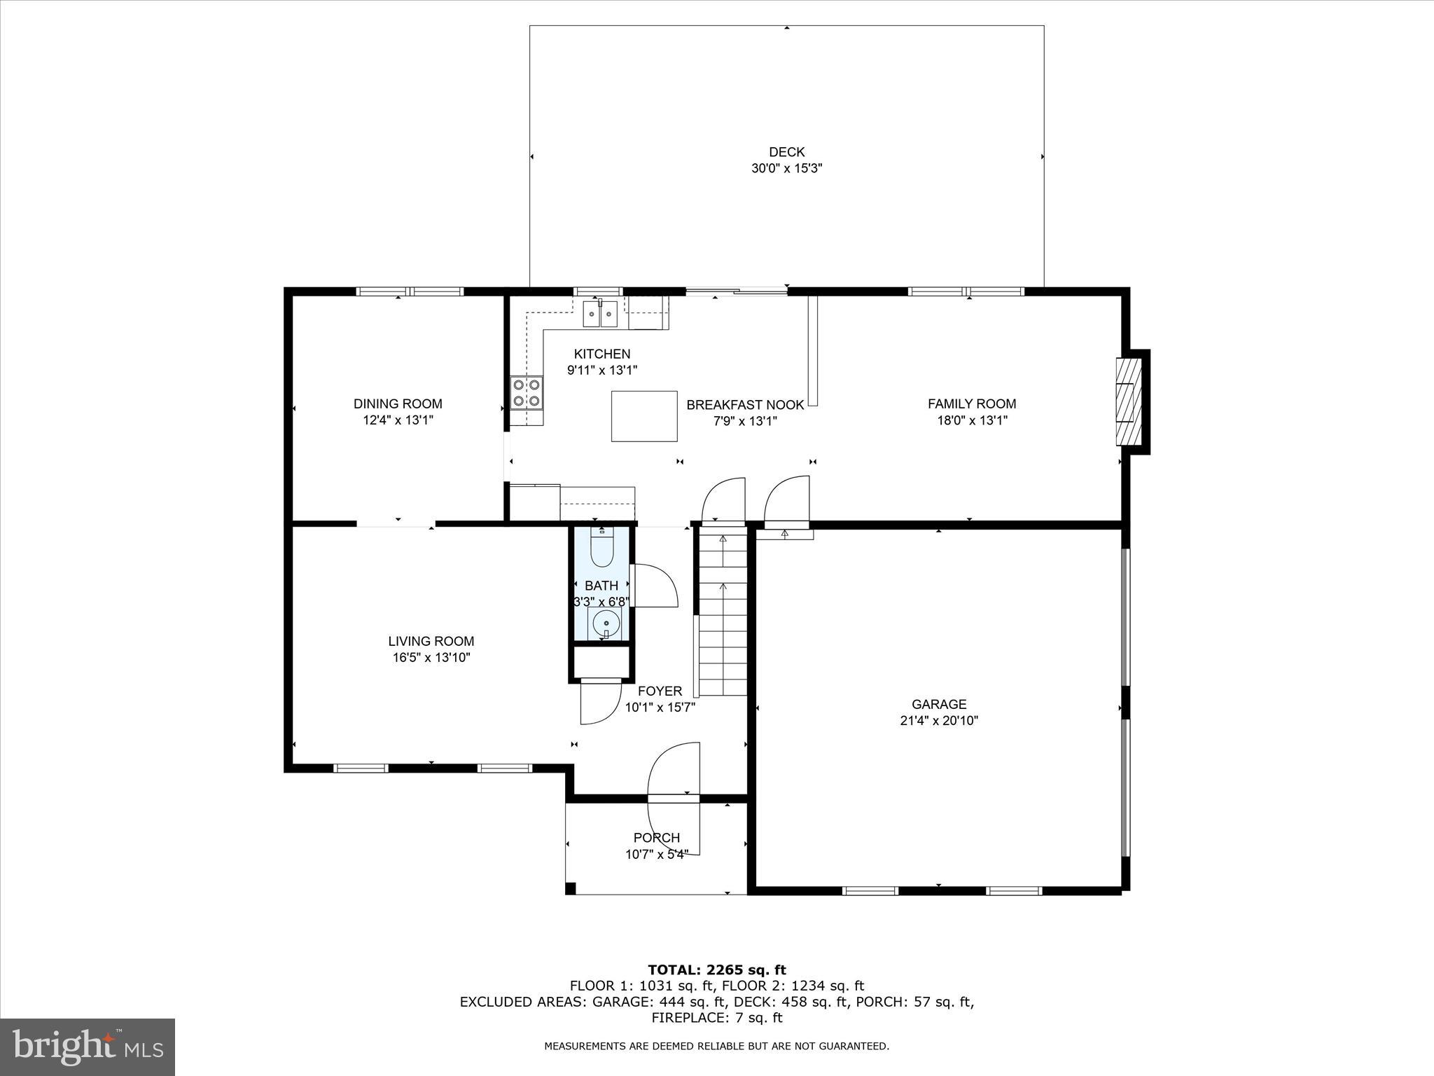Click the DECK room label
pos(786,152)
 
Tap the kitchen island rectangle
pos(644,416)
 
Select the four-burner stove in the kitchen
pos(527,392)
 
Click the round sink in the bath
pos(604,622)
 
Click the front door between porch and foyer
pos(674,798)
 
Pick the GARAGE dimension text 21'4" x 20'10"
pos(939,721)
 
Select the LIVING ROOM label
pos(431,641)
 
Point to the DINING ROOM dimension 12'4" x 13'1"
pos(398,420)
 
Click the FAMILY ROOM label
pos(972,403)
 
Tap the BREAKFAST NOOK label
pos(745,405)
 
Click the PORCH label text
pos(657,838)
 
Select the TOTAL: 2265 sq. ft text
pos(717,970)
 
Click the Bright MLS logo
pos(88,1047)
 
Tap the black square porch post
pos(571,889)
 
